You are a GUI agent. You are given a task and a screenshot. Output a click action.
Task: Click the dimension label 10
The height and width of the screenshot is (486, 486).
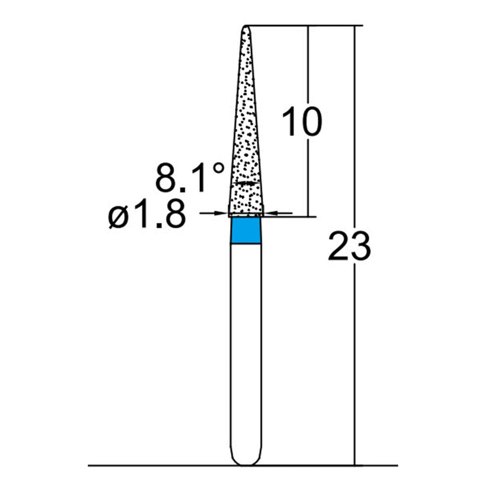click(x=302, y=122)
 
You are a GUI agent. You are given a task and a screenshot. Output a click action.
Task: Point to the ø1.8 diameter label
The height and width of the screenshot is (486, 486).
click(x=146, y=216)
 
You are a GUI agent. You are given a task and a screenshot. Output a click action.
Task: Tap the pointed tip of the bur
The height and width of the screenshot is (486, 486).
click(x=247, y=27)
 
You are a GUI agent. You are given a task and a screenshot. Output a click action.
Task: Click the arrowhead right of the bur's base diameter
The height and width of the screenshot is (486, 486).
click(x=270, y=213)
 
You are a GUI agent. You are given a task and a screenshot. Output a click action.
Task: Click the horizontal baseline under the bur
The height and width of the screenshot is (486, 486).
click(x=182, y=466)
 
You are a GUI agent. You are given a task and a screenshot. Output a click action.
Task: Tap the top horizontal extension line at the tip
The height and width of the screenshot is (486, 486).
click(x=304, y=26)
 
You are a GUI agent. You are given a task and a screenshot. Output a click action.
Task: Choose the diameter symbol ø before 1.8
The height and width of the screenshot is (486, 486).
click(x=118, y=217)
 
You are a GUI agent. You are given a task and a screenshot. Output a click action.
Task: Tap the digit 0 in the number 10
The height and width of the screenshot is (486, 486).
click(x=311, y=122)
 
